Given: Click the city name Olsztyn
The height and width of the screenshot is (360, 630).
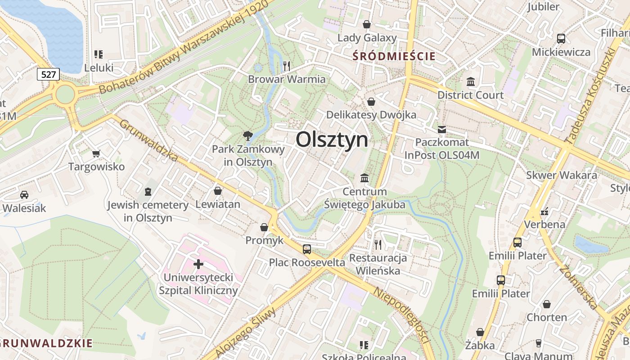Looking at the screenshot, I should coord(332,139).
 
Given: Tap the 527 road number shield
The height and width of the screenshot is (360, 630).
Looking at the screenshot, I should coord(48,74).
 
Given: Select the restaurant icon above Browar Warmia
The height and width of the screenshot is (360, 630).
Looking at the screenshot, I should coord(287,66).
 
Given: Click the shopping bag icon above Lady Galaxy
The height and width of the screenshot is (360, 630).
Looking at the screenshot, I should coord(367,24).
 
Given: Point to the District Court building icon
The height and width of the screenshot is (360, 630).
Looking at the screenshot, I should coord(471,82).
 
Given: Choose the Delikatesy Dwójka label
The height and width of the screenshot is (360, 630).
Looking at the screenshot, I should coord(371,115).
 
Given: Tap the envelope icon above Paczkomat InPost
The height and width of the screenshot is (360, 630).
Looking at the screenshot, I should coord(442,130).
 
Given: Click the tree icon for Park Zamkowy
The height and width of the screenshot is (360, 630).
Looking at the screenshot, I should coord(247,135).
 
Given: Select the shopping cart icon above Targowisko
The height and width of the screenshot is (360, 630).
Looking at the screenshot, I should coord(96,154).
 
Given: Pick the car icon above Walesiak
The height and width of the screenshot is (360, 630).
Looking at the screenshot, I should coord(24,195).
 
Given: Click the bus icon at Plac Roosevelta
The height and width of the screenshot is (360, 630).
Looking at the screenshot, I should coord(307,249).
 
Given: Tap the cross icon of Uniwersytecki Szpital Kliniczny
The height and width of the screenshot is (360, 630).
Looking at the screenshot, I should coord(198,264).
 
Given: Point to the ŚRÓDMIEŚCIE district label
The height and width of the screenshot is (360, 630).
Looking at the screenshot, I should coord(394,56).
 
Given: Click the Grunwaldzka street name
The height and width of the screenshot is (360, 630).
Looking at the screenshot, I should coord(149,140).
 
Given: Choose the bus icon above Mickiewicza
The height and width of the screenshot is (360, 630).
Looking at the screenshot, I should coord(561,39).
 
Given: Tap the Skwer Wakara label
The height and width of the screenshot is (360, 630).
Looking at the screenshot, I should coord(562,175).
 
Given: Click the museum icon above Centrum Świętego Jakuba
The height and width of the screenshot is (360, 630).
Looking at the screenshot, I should coord(364,178).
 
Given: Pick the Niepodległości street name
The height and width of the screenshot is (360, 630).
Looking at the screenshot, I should coord(400,315).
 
